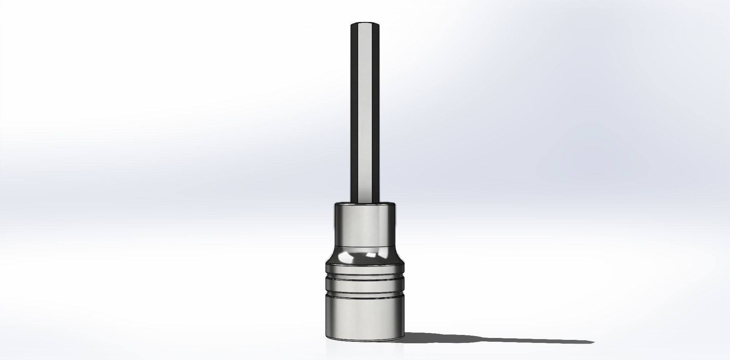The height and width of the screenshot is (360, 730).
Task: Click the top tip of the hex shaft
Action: (365, 24)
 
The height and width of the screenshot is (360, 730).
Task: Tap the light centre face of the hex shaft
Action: (365, 114)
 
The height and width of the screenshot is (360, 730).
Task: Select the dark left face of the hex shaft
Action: (354, 114)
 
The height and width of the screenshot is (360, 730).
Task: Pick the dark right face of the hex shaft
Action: (376, 114)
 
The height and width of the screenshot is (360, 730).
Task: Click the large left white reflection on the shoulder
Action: (348, 259)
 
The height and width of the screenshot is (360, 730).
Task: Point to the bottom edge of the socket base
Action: (365, 339)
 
